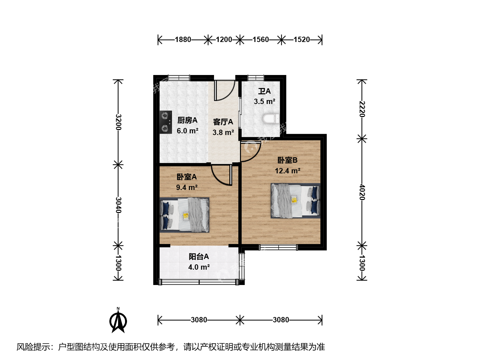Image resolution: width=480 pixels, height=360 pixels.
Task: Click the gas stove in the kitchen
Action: click(166, 122)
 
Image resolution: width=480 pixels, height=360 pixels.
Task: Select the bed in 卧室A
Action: click(184, 215)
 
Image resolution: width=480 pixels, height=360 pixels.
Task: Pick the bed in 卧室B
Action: click(296, 201)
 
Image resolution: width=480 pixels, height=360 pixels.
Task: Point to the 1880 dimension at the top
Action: click(183, 40)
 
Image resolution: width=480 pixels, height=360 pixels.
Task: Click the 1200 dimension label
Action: click(224, 40)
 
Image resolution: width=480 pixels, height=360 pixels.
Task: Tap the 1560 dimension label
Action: click(261, 40)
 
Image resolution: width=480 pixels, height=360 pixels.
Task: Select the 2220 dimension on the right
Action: click(362, 109)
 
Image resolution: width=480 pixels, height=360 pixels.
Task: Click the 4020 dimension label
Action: click(362, 192)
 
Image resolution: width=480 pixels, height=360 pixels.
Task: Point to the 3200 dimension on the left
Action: click(118, 122)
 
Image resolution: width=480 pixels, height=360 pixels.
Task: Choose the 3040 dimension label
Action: click(118, 205)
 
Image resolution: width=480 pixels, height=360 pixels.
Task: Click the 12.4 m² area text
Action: click(287, 171)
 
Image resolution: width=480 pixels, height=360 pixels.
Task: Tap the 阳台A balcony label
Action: click(199, 256)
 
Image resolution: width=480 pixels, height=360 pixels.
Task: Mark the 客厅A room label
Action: click(223, 122)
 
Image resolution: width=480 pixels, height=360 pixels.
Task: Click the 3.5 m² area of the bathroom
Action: click(264, 101)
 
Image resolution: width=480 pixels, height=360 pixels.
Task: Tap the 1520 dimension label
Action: click(302, 40)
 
